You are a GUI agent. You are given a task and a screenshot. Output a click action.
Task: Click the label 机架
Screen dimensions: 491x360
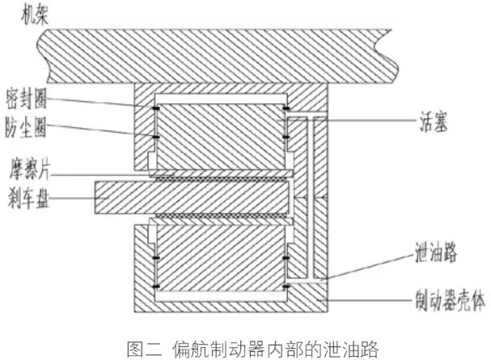point(35,15)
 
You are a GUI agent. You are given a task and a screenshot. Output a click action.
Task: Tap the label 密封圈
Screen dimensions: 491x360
point(26,99)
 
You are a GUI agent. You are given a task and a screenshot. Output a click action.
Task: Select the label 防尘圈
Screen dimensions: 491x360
point(25,127)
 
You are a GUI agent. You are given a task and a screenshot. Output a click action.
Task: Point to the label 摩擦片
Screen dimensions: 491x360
point(29,170)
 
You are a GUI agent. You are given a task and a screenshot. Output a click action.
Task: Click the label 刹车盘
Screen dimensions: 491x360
point(28,198)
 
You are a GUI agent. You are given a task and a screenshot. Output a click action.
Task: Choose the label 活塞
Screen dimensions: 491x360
point(434,121)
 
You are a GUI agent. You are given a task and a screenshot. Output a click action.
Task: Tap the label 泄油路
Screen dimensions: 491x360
point(435,252)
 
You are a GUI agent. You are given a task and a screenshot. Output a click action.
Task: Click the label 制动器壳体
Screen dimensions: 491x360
point(450,300)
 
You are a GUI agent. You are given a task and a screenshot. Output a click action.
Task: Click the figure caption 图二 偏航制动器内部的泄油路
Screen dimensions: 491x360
point(253,349)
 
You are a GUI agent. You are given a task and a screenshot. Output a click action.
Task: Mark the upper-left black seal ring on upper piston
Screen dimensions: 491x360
point(155,108)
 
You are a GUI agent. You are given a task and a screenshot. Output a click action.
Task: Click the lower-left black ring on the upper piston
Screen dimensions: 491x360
point(155,137)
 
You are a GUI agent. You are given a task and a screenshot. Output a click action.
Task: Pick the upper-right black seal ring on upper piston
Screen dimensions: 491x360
point(286,108)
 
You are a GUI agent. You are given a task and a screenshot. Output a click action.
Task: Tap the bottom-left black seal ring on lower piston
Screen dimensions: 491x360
point(155,286)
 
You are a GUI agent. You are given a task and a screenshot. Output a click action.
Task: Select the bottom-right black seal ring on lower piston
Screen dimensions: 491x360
point(286,286)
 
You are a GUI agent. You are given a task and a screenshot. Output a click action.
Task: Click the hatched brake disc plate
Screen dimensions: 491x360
point(192,198)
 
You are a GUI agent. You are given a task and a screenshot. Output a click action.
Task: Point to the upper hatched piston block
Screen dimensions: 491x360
point(221,137)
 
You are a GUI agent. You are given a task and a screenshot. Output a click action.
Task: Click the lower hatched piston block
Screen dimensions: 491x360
point(221,259)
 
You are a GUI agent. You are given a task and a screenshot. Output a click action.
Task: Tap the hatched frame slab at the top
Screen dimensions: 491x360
point(219,57)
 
